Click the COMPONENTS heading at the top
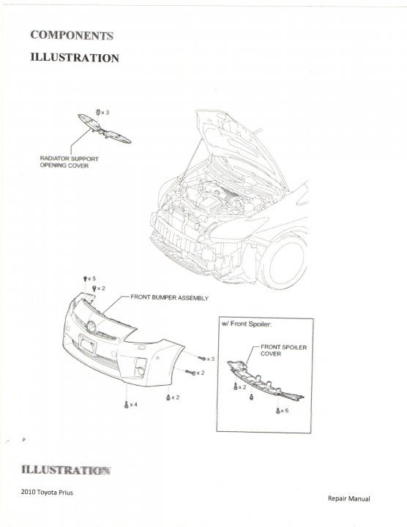72,35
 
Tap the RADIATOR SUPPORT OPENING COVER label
70,162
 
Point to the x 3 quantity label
105,113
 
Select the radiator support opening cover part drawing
104,129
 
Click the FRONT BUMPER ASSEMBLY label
169,298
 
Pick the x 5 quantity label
92,279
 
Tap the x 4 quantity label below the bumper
133,404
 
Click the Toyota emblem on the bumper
91,326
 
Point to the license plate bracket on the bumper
87,344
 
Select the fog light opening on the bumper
141,367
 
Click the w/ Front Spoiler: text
247,324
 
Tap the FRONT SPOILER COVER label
284,350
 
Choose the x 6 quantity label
284,411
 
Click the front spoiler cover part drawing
265,381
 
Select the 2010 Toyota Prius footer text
47,493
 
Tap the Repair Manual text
349,498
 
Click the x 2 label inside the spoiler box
242,387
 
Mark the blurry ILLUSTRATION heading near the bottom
66,469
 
